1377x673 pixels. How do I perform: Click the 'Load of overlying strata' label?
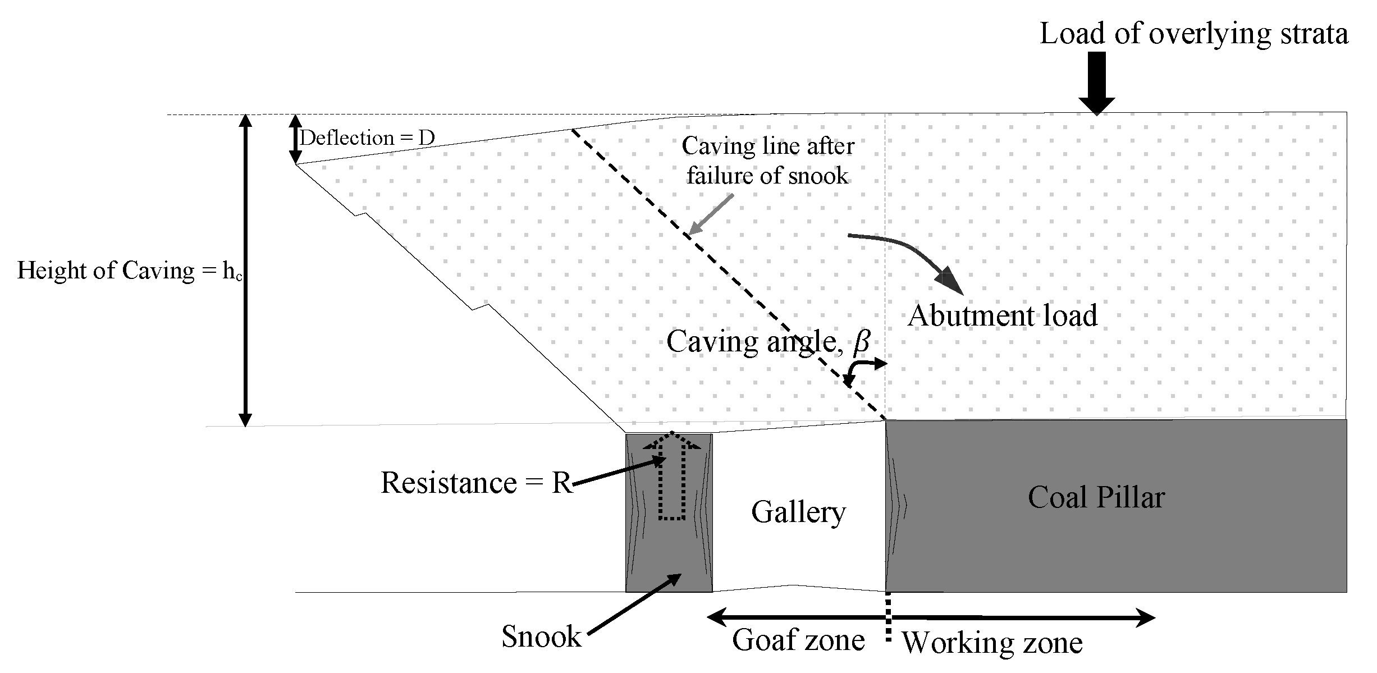tap(1193, 34)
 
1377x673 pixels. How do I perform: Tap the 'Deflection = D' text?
tap(367, 138)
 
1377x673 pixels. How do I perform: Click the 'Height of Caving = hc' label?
tap(129, 271)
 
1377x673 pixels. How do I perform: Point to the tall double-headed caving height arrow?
tap(245, 269)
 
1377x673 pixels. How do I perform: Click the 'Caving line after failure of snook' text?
tap(767, 161)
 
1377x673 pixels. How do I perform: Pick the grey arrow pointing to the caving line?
tap(711, 214)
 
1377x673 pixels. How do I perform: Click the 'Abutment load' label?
tap(1002, 316)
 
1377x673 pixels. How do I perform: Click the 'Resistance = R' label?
tap(477, 483)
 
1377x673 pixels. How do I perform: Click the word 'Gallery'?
tap(798, 512)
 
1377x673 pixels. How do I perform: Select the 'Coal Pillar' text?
tap(1096, 497)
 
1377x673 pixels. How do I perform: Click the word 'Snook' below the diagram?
tap(541, 637)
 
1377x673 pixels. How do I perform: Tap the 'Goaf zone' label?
tap(798, 640)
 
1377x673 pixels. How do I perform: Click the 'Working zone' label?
tap(992, 643)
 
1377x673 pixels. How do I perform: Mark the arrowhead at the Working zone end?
tap(1145, 618)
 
